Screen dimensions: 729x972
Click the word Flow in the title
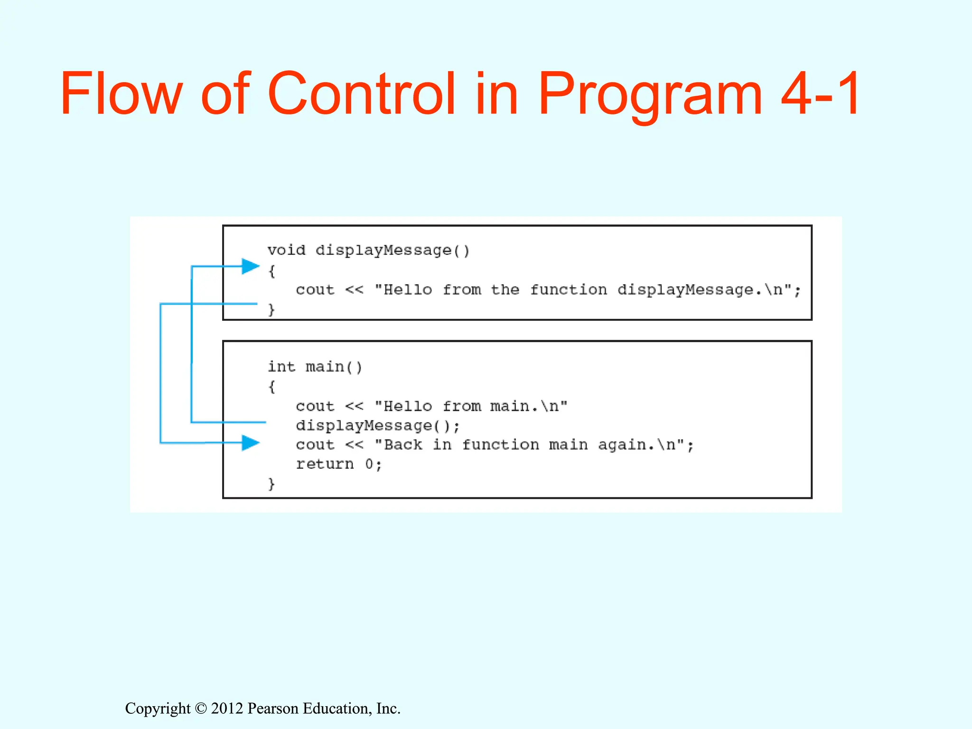tap(121, 93)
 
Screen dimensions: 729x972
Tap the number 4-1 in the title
tap(820, 93)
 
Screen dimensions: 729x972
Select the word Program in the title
tap(650, 93)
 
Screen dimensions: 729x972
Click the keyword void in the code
tap(286, 250)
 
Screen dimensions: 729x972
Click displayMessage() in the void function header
tap(393, 250)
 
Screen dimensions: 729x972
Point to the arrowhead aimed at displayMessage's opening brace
tap(250, 266)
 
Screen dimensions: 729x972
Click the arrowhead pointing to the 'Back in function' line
tap(250, 443)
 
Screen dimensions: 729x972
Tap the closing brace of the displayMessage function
tap(271, 309)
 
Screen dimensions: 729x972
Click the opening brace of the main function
tap(271, 386)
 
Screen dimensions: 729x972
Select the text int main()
tap(315, 367)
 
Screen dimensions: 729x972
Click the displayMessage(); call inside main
tap(378, 425)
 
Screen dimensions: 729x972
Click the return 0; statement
tap(339, 464)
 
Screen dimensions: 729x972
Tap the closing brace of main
tap(271, 484)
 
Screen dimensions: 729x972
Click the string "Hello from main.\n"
tap(471, 406)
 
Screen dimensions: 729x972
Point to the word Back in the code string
tap(402, 445)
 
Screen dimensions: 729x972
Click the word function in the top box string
tap(568, 290)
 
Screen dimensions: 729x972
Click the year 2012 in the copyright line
tap(227, 708)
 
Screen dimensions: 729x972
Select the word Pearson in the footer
tap(273, 708)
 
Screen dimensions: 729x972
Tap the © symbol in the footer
tap(201, 709)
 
